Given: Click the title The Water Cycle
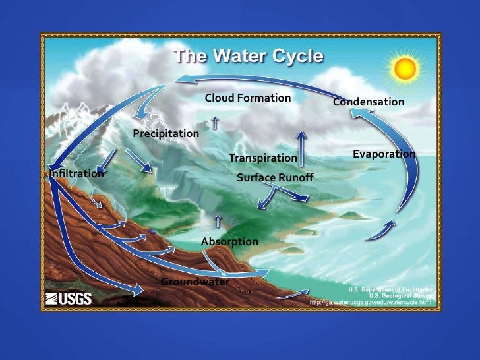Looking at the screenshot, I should coord(248,57).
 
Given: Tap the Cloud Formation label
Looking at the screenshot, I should coord(248,98).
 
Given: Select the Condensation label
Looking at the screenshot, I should coord(368,102).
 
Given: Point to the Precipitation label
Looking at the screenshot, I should coord(165,134).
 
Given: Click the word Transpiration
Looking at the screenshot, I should coord(262,158).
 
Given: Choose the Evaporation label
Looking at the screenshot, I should coord(384,154).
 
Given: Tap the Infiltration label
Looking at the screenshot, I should coord(77,174).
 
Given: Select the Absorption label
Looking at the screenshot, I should coord(229,242).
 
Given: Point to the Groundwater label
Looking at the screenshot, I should coord(195,282).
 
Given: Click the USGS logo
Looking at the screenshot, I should coord(69,299).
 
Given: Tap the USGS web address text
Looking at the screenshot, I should coord(370,303).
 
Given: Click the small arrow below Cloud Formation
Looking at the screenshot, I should coord(216,122).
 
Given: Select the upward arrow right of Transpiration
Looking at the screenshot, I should coord(301,149).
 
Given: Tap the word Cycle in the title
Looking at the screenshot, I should coord(293,57).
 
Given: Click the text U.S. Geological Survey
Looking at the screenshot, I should coord(400,296).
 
